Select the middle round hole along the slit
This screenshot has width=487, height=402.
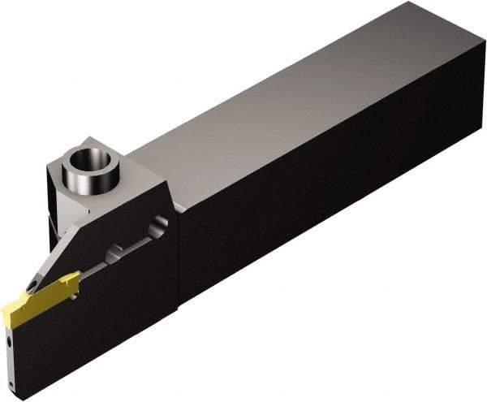click(x=115, y=253)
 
